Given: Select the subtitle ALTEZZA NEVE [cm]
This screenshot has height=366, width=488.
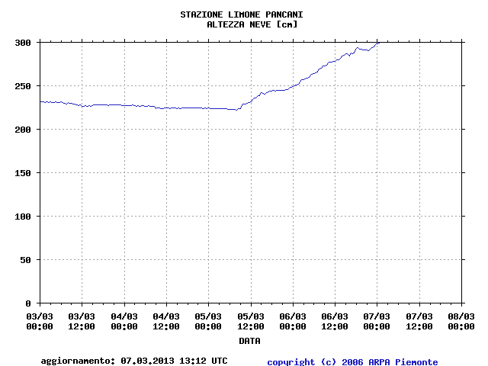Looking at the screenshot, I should point(252,24).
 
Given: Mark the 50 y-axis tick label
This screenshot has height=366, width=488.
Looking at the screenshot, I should point(26,260).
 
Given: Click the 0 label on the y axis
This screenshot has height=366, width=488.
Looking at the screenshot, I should point(29,303).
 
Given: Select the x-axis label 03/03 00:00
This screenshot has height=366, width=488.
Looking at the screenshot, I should point(40,321).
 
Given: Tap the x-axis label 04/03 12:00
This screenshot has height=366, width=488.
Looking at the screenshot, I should point(166,321).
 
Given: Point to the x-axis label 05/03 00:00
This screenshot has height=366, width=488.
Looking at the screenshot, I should point(208,321).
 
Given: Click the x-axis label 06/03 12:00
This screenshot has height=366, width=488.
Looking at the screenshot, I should point(335,321).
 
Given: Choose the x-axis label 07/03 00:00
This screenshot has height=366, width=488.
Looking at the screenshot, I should point(377,321).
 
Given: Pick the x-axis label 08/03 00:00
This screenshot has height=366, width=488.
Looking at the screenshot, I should point(461,321).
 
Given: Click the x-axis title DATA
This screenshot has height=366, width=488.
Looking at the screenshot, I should point(249,341).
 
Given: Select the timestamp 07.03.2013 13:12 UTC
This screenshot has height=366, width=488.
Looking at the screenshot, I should point(174,361).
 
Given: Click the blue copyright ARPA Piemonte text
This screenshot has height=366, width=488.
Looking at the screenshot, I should point(352,362).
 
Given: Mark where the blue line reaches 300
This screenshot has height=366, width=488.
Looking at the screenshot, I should point(379,43).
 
